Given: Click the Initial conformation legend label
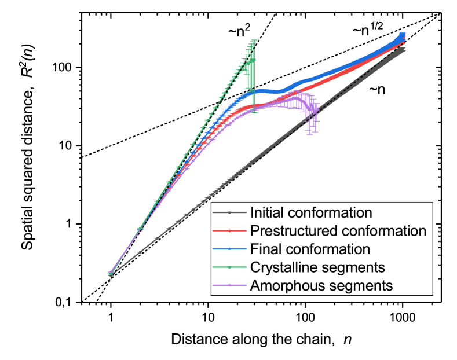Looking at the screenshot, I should (310, 212).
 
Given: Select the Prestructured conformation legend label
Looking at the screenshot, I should (338, 230).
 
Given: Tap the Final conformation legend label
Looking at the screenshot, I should (310, 249).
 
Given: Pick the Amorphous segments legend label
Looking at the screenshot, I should (321, 285).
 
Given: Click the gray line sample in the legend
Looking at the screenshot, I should (230, 212).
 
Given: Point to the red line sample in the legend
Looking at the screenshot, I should (230, 231).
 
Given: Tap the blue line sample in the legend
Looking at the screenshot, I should (230, 249).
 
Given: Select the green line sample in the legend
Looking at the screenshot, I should (230, 267).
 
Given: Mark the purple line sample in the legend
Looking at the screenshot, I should (230, 285).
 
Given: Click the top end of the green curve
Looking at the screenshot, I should (254, 41).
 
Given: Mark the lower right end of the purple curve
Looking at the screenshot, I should (316, 123).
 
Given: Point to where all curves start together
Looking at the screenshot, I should (110, 274).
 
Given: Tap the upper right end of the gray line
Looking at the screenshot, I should (404, 50).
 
